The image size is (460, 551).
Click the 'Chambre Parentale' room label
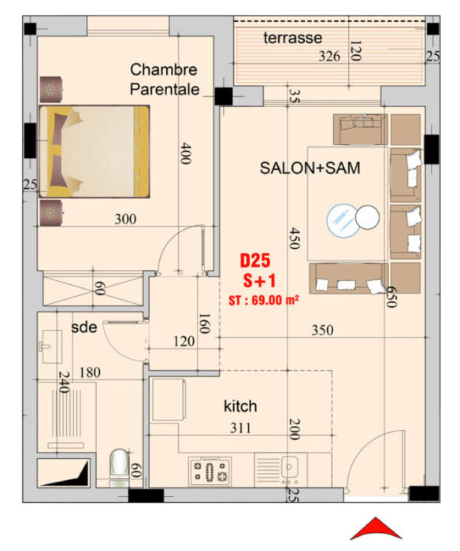[x=165, y=80]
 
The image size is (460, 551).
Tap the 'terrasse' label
[x=292, y=38]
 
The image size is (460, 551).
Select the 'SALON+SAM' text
[x=310, y=168]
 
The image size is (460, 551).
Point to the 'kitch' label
[x=240, y=406]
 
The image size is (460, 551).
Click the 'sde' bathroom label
[x=84, y=327]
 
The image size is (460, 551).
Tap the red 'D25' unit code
[x=255, y=261]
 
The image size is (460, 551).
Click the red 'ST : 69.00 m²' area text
[x=264, y=301]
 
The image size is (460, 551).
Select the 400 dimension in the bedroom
[x=185, y=153]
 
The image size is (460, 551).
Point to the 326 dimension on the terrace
[x=329, y=56]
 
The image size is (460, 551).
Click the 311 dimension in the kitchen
[x=240, y=428]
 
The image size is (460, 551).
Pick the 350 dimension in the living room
[x=322, y=330]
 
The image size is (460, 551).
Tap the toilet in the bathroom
[x=119, y=468]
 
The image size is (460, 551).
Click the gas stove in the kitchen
[x=210, y=471]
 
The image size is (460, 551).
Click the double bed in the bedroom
[x=95, y=151]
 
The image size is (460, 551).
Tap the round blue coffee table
[x=343, y=221]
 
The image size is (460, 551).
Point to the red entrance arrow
[x=376, y=528]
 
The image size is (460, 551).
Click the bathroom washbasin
[x=52, y=346]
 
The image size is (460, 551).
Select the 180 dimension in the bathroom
[x=90, y=372]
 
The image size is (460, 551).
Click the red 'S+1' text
[x=260, y=281]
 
